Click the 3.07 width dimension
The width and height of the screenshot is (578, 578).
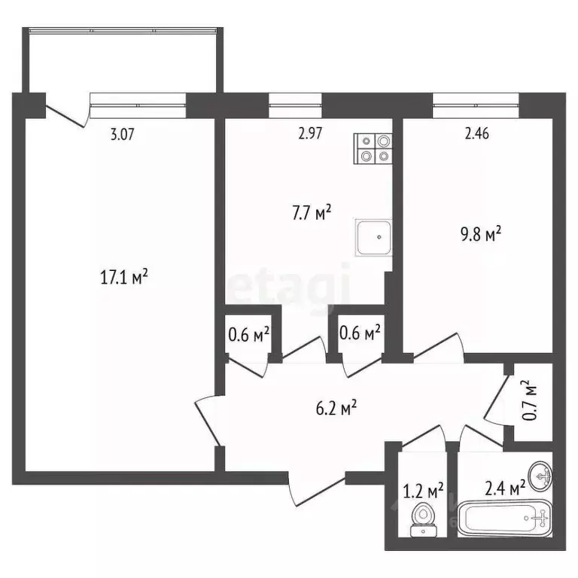tap(123, 135)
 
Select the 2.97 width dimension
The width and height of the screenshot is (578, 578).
tap(311, 135)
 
